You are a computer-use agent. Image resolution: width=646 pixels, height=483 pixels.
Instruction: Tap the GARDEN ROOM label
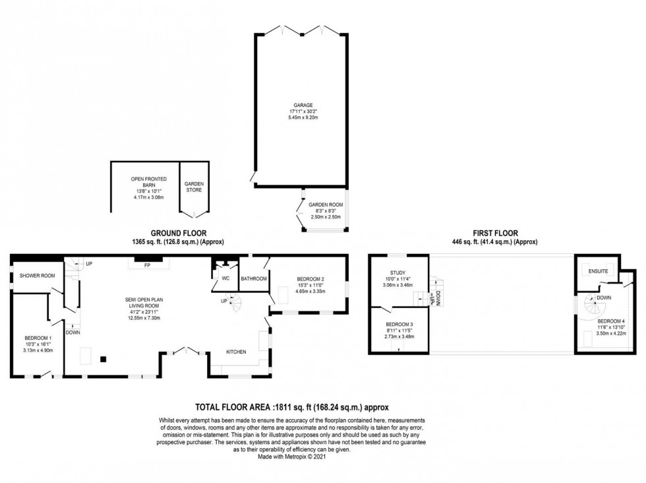[x=326, y=205]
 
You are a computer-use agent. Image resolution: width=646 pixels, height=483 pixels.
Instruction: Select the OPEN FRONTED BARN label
[x=148, y=179]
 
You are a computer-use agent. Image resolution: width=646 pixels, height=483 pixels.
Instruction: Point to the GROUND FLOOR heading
[x=178, y=233]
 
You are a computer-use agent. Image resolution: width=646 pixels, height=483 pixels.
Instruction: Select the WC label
[x=225, y=278]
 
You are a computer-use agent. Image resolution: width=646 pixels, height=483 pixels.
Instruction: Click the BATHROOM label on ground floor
[x=253, y=279]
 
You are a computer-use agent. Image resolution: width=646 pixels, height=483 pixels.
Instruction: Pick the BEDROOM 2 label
[x=309, y=279]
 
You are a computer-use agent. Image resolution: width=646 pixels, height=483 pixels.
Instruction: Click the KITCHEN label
[x=236, y=352]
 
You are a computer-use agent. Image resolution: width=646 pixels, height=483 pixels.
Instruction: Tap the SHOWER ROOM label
[x=37, y=275]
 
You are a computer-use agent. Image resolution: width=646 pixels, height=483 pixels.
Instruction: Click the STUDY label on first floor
[x=397, y=273]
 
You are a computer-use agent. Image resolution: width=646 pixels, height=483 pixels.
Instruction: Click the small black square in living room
[x=102, y=359]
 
